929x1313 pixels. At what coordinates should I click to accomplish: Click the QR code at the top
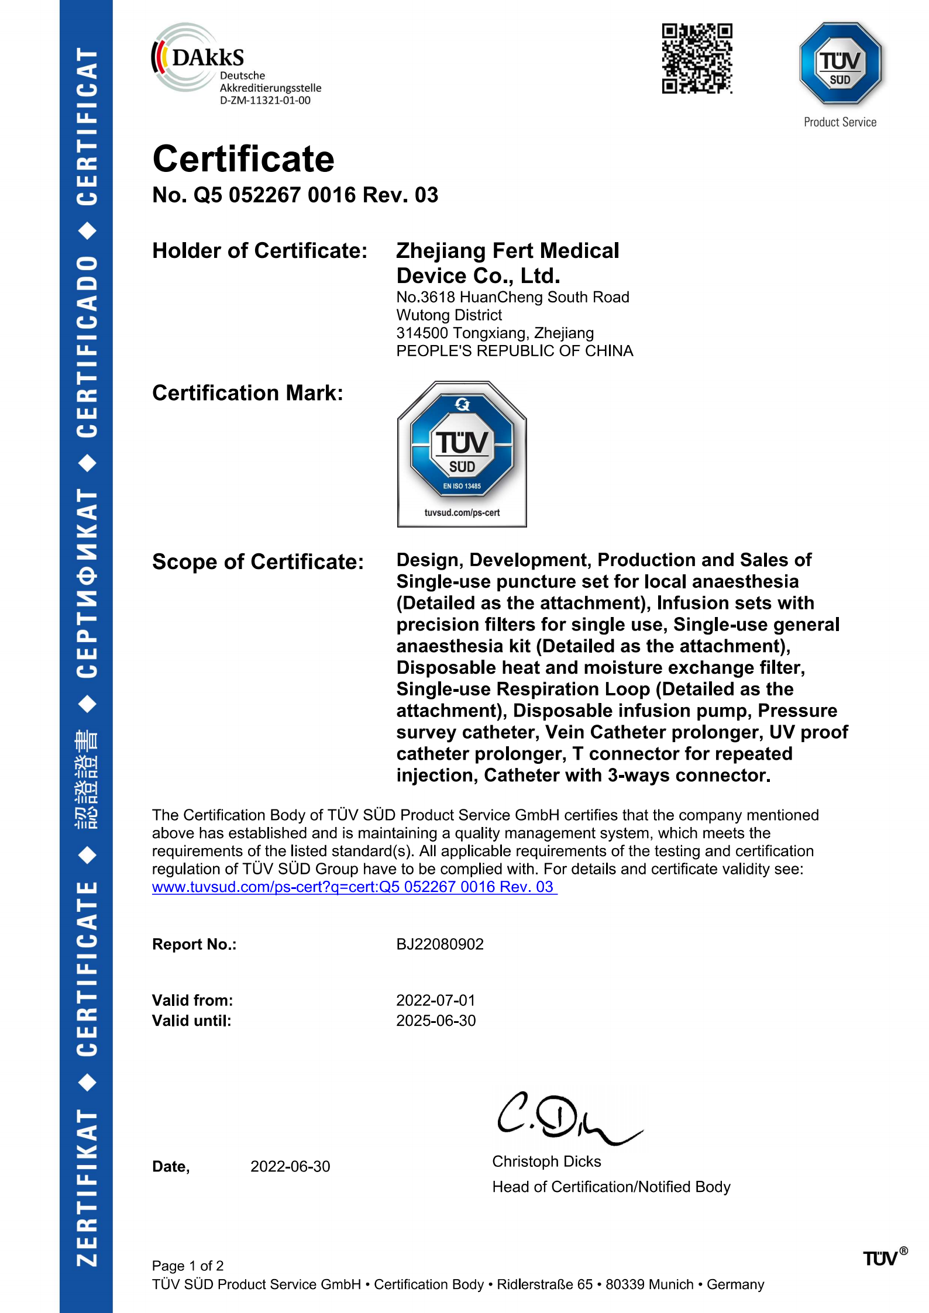click(x=697, y=58)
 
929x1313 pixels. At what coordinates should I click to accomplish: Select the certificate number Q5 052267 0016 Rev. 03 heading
click(x=295, y=195)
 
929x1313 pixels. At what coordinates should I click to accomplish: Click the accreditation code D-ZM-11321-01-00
click(x=265, y=101)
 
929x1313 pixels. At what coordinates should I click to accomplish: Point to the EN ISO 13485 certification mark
click(x=462, y=454)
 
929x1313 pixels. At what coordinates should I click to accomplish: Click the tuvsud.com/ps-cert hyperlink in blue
click(x=354, y=887)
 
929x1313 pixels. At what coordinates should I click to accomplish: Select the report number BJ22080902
click(x=440, y=945)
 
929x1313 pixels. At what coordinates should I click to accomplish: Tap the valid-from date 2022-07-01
click(x=436, y=1001)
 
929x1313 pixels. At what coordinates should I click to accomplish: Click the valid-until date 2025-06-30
click(x=436, y=1021)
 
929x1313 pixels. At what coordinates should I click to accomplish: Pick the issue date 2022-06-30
click(x=290, y=1167)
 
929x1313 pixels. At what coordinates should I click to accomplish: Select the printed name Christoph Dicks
click(x=546, y=1162)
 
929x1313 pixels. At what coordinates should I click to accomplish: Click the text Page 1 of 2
click(x=188, y=1266)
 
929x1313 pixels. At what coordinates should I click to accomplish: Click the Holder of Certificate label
click(x=260, y=251)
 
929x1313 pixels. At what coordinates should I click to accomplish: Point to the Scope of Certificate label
click(x=258, y=562)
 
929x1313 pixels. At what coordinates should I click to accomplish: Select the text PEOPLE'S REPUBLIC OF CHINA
click(x=514, y=351)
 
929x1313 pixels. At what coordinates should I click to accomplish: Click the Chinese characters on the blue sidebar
click(x=87, y=779)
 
